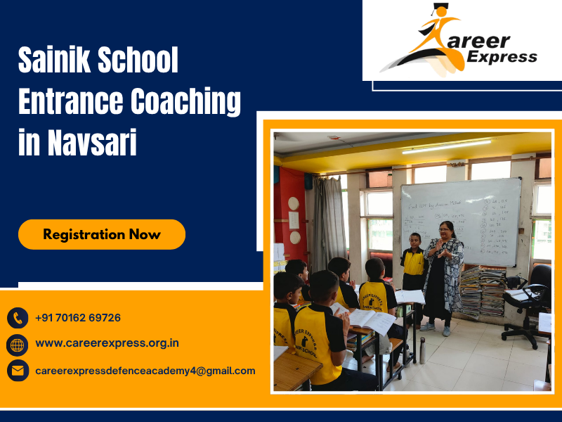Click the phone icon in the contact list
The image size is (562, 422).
click(18, 318)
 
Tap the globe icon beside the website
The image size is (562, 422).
click(18, 344)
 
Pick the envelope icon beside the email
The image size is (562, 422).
click(18, 370)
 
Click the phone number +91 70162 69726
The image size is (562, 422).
click(78, 318)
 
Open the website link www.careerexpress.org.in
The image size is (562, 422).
click(107, 344)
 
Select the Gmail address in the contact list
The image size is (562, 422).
click(145, 371)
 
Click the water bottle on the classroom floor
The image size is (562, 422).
click(422, 350)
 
